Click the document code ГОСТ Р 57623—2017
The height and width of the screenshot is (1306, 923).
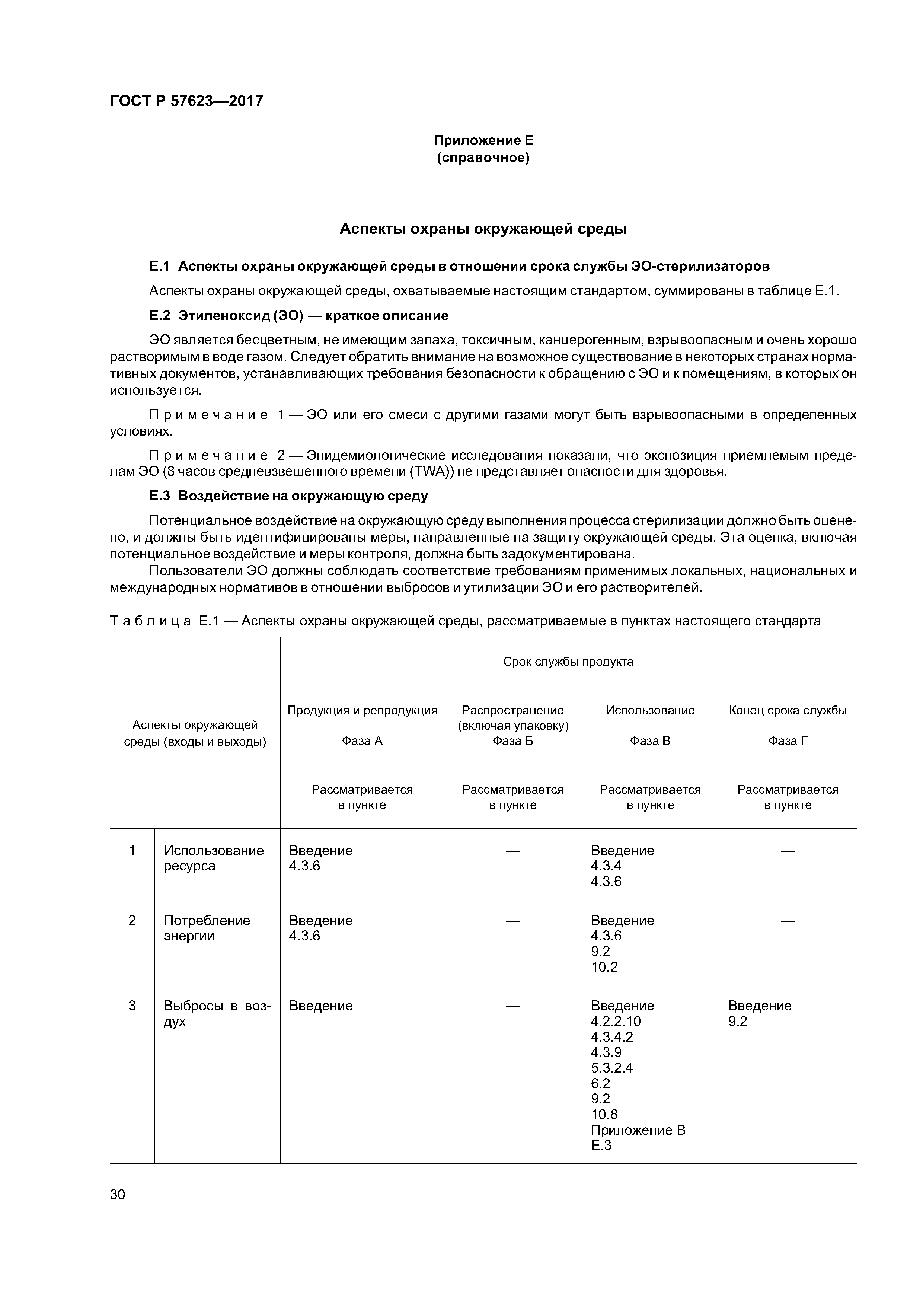[186, 101]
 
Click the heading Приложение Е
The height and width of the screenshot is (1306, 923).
[483, 140]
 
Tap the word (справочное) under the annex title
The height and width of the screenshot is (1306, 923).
[483, 157]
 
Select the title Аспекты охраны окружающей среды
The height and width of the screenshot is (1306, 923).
[483, 229]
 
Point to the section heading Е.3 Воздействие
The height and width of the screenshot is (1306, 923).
[288, 496]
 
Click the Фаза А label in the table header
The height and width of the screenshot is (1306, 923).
[362, 740]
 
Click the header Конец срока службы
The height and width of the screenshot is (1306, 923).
[787, 710]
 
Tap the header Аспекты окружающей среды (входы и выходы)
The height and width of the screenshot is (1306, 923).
[195, 733]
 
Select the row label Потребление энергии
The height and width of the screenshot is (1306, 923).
[207, 928]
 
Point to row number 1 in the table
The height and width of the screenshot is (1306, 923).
[132, 850]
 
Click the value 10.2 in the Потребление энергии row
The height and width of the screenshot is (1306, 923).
[604, 967]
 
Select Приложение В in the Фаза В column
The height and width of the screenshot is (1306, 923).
[638, 1130]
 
